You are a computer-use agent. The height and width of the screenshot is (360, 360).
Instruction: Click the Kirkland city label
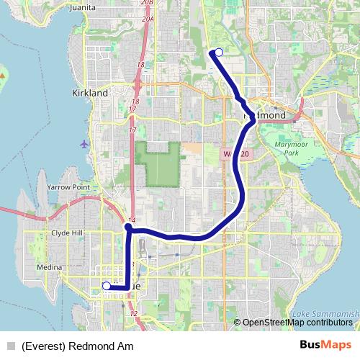(90, 93)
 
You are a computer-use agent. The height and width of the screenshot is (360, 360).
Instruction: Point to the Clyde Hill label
(68, 233)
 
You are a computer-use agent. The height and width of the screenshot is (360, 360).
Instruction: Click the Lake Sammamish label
(326, 314)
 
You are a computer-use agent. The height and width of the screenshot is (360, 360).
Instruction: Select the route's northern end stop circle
(218, 52)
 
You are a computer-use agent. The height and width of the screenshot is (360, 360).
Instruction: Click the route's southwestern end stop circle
(107, 286)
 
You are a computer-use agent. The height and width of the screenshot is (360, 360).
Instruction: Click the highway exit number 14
(132, 221)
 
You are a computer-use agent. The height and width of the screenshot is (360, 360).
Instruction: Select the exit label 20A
(148, 19)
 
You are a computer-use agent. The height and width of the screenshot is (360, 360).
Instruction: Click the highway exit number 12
(132, 314)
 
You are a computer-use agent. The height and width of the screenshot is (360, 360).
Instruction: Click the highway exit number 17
(132, 130)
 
